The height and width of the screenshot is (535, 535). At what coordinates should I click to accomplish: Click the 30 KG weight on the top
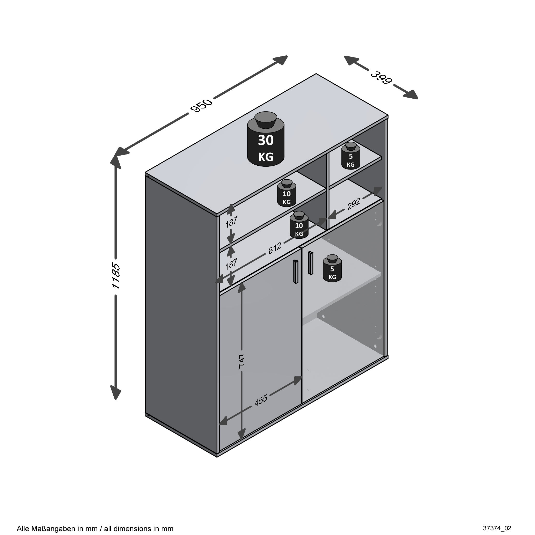pos(266,139)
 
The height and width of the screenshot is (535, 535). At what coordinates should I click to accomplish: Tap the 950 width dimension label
pos(201,106)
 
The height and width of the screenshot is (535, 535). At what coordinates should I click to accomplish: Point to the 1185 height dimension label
pos(116,276)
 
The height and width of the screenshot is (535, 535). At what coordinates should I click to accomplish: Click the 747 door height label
pos(241,361)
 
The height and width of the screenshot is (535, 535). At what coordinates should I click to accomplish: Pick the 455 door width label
pos(261,400)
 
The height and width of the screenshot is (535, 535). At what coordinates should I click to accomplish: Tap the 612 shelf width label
pos(275,248)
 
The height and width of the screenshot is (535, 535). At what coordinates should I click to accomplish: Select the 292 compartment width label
pos(354,203)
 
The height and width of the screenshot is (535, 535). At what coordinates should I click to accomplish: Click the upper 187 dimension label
pos(231,222)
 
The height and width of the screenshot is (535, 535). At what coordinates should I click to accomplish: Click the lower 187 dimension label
pos(231,264)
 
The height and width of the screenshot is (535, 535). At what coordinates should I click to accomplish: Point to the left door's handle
pos(296,272)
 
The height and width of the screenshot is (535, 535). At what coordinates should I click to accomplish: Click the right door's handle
pos(310,263)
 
